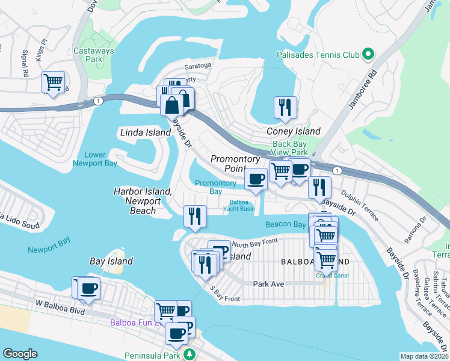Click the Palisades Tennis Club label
pos(318,55)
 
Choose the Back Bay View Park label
pos(290,148)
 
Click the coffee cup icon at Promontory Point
pos(256,178)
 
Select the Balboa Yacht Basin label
pos(243,206)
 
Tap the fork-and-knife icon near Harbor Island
pos(194,215)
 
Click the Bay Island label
pos(111,262)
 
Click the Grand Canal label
pos(332,276)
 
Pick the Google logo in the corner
pos(20,354)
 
